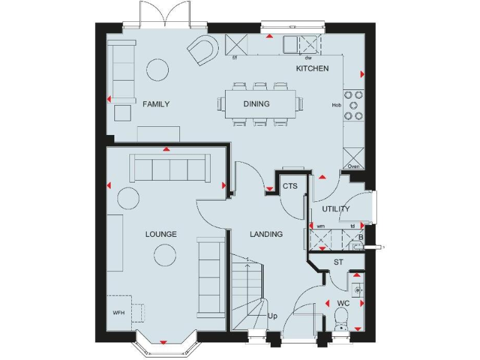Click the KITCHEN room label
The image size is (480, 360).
(312, 68)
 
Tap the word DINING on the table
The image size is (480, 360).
(256, 104)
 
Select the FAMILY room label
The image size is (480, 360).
(156, 104)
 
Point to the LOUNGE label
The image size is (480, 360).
(161, 234)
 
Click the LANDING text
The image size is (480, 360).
(266, 234)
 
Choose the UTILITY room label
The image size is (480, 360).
(336, 209)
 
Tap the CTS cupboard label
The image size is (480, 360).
(289, 186)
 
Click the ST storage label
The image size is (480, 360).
(338, 262)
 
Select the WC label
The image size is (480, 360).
(342, 304)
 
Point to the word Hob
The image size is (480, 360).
(336, 105)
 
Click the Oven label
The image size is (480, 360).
(353, 166)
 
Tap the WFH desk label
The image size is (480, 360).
(119, 312)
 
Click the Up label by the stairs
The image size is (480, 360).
(272, 316)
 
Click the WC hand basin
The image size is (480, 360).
(357, 290)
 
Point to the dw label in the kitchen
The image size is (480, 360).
(309, 58)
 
